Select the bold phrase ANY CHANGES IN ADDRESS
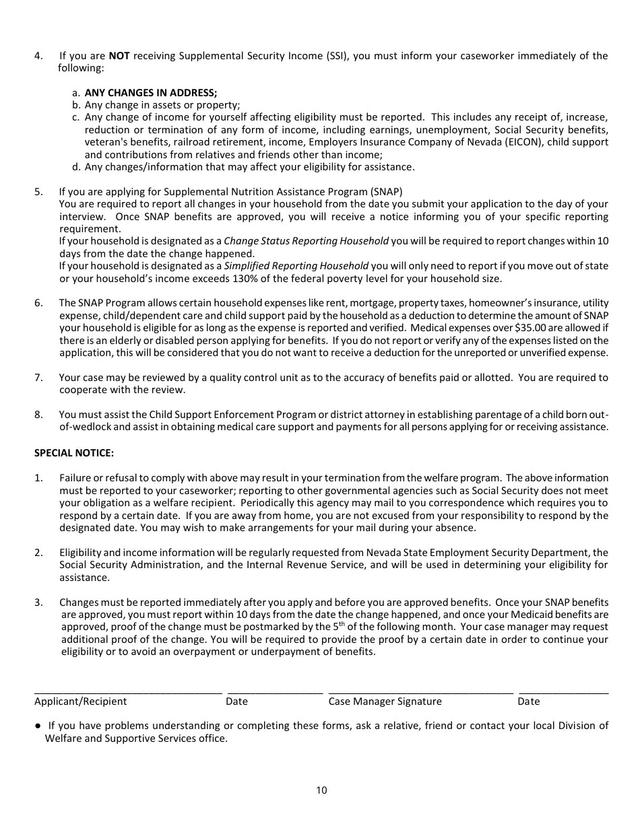pyautogui.click(x=151, y=93)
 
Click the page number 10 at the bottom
pyautogui.click(x=321, y=790)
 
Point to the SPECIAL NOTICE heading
pyautogui.click(x=74, y=453)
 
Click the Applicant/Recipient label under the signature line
pyautogui.click(x=80, y=701)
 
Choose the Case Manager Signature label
pyautogui.click(x=385, y=701)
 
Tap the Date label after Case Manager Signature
pyautogui.click(x=528, y=701)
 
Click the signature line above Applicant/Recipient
pyautogui.click(x=128, y=692)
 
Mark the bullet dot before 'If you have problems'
pyautogui.click(x=38, y=726)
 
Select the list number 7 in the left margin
pyautogui.click(x=38, y=378)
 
